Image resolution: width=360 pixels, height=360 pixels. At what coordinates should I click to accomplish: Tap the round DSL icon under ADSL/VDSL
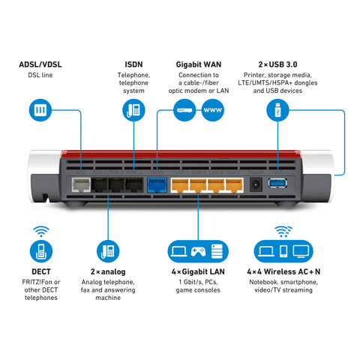(40, 111)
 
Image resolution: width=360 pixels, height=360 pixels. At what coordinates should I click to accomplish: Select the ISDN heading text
(133, 64)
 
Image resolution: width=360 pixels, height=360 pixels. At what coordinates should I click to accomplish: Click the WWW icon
(212, 111)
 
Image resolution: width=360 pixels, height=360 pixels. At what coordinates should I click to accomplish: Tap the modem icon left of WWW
(185, 111)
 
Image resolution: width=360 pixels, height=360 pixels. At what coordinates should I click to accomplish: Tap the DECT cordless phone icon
(40, 250)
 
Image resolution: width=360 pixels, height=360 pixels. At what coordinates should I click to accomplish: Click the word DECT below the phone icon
(40, 271)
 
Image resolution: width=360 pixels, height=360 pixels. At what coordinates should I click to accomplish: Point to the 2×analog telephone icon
(108, 250)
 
